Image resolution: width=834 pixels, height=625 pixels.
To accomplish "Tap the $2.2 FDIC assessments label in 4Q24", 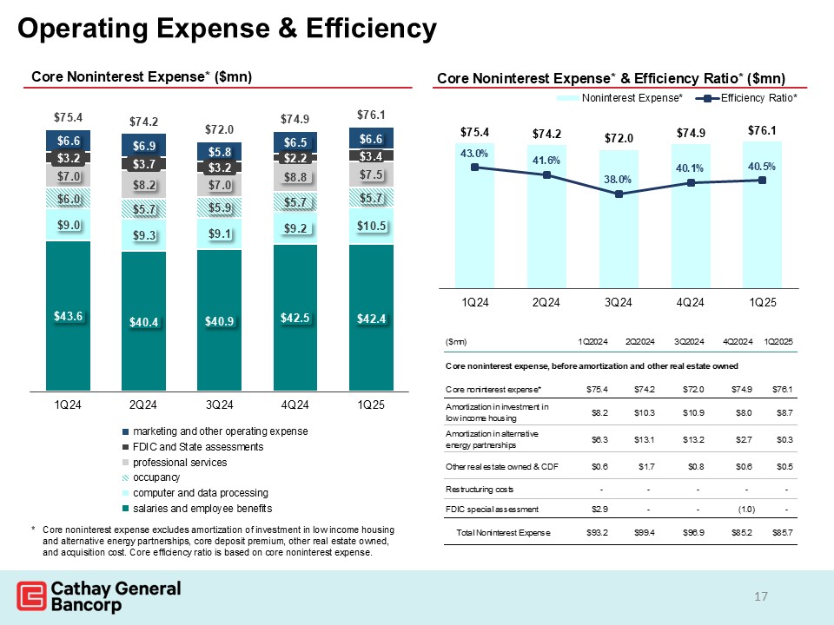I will tap(295, 158).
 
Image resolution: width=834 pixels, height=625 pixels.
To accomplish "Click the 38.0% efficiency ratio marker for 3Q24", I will tap(619, 194).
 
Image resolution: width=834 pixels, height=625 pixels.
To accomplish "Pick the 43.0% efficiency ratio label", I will tap(474, 154).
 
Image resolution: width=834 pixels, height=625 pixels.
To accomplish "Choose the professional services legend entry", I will tap(179, 463).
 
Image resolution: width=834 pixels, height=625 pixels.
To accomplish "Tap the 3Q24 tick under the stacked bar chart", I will tap(219, 405).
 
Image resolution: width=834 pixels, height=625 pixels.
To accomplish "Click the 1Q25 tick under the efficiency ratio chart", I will tap(762, 301).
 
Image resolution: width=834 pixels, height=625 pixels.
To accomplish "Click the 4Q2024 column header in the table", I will tap(736, 339).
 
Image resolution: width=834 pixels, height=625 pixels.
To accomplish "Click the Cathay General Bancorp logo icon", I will tap(31, 598).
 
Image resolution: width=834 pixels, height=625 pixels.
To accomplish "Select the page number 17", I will tap(761, 596).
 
